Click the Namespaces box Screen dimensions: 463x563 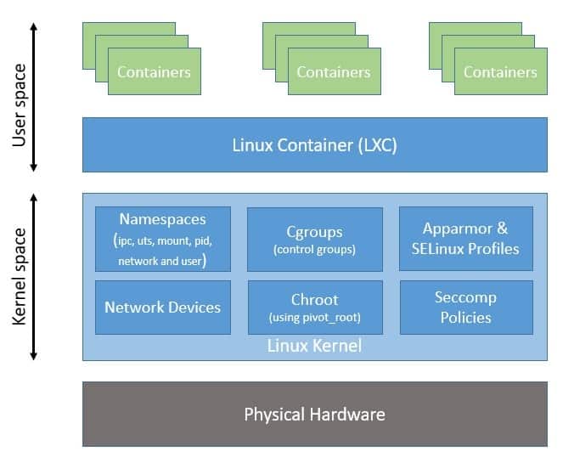162,239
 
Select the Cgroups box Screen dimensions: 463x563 314,239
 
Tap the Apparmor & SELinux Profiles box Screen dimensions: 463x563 465,239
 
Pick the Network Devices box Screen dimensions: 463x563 162,307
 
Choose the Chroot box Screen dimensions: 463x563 314,307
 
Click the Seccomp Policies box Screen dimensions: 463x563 465,307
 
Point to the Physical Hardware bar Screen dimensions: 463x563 314,415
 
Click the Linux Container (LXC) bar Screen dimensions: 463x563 314,145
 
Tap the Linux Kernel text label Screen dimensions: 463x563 314,346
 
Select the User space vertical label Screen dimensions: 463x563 20,97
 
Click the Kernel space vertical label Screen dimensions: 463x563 20,276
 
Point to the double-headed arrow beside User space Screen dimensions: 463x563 35,97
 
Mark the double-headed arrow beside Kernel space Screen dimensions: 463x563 35,276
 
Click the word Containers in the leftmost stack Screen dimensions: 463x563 154,72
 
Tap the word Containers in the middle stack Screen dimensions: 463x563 334,72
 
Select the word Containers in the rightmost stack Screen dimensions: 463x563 500,72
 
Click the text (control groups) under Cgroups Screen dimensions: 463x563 314,250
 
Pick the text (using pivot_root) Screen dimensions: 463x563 314,318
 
